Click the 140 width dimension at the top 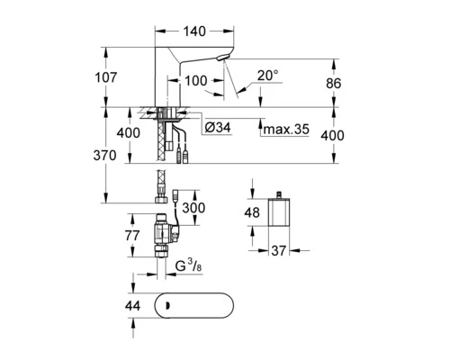click(194, 31)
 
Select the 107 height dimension click(105, 77)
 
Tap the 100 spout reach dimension click(195, 81)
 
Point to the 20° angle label click(267, 76)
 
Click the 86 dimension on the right click(334, 83)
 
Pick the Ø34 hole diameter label click(218, 128)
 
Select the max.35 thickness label click(286, 130)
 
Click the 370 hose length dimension click(104, 156)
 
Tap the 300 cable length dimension click(193, 208)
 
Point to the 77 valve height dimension click(132, 235)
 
